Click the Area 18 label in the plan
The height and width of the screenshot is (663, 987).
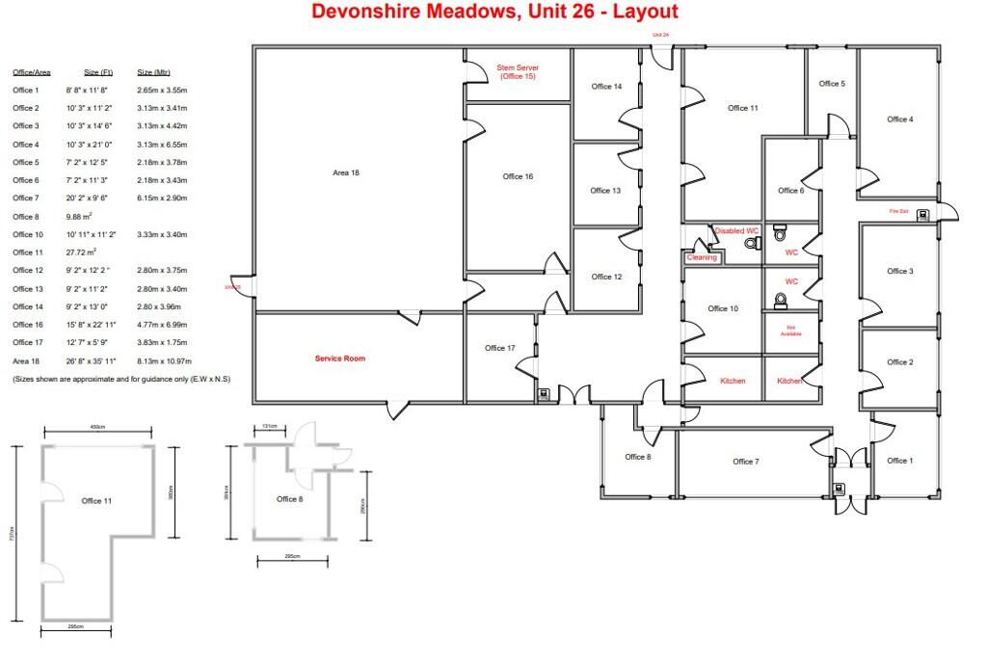[346, 172]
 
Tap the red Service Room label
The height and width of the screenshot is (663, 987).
[340, 358]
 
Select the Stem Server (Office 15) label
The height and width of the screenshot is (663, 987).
[518, 72]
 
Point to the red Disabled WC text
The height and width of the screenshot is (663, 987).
[737, 231]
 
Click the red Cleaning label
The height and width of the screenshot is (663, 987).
[702, 257]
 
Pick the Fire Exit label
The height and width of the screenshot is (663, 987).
[898, 211]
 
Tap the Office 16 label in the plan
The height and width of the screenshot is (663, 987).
[518, 176]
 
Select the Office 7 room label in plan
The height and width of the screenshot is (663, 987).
[745, 462]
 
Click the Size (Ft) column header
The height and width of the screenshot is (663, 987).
[98, 72]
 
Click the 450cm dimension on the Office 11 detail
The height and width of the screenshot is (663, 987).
[96, 427]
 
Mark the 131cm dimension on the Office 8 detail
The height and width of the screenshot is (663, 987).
[268, 426]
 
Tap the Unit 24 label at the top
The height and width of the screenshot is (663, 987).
[660, 35]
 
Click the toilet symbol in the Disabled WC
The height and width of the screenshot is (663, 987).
[750, 245]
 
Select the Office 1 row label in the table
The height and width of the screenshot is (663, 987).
[26, 90]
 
